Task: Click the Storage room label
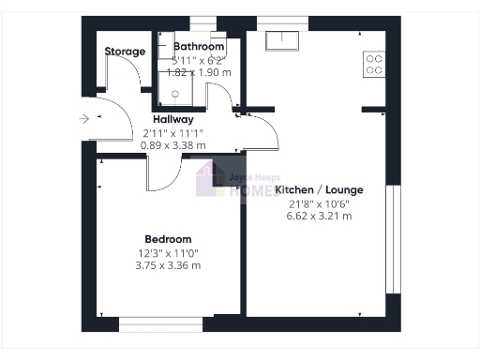coord(125,52)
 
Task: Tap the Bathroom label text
coord(199,46)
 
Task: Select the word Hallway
coord(173,119)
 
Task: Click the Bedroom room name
coord(168,239)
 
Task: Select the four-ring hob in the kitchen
coord(373,64)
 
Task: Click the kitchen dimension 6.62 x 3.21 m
coord(320,216)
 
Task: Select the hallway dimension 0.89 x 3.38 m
coord(173,145)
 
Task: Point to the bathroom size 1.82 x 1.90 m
coord(198,71)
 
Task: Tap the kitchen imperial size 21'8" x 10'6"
coord(320,202)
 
